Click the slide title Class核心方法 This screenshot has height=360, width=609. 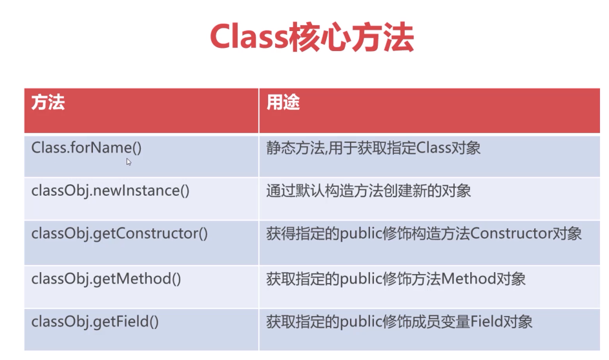point(311,38)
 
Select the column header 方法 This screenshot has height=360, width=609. point(48,103)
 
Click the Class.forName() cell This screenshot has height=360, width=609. point(86,147)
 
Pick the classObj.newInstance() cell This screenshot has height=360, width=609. point(110,191)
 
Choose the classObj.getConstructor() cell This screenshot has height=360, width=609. point(119,234)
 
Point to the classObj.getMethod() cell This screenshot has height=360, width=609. point(106,279)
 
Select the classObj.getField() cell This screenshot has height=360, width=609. point(95,321)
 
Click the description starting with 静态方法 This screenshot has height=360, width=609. point(373,147)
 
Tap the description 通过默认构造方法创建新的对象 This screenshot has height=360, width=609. point(369,191)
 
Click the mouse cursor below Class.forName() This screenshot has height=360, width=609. point(129,162)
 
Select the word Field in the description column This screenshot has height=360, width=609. point(496,321)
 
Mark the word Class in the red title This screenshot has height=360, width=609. point(248,38)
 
